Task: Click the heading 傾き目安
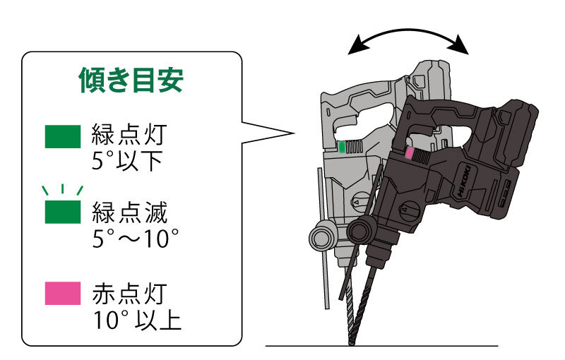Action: tap(131, 81)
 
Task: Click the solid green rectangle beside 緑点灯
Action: tap(63, 137)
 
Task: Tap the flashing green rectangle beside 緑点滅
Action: tap(63, 212)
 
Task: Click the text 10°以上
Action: tap(137, 319)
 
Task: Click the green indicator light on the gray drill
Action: tap(342, 147)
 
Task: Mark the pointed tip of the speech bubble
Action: tap(292, 132)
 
